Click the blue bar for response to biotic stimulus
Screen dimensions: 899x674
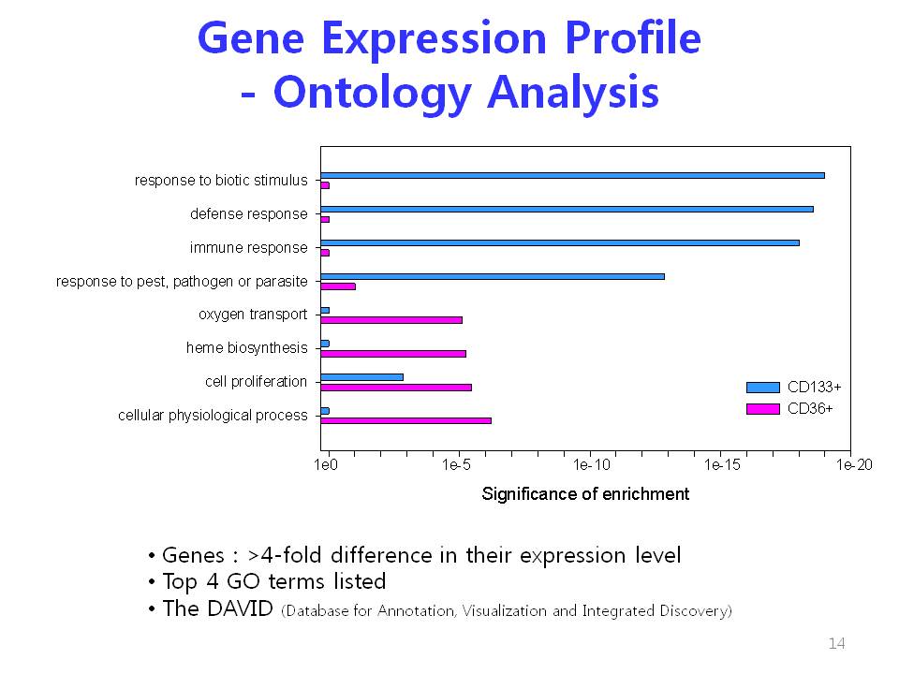[573, 175]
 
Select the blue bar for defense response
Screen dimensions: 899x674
[567, 209]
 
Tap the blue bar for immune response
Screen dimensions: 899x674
[560, 243]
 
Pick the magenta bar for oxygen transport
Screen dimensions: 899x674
[391, 320]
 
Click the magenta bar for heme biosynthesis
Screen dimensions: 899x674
[393, 354]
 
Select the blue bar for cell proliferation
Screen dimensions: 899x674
[362, 377]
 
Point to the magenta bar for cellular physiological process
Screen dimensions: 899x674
[405, 420]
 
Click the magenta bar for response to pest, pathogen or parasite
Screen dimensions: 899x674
[338, 286]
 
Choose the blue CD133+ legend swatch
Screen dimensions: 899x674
[763, 388]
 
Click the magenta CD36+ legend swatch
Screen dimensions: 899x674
[763, 409]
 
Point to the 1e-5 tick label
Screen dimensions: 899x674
[456, 465]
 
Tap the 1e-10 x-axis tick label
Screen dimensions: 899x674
[592, 465]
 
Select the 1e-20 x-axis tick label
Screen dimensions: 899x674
[854, 465]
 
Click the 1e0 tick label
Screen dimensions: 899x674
[326, 465]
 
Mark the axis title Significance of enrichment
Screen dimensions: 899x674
[585, 494]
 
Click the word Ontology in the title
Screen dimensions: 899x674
[372, 93]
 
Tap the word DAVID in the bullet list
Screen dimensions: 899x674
[240, 608]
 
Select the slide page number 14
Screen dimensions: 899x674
[836, 644]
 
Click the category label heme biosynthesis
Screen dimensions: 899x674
[246, 348]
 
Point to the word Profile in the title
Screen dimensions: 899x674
[633, 37]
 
